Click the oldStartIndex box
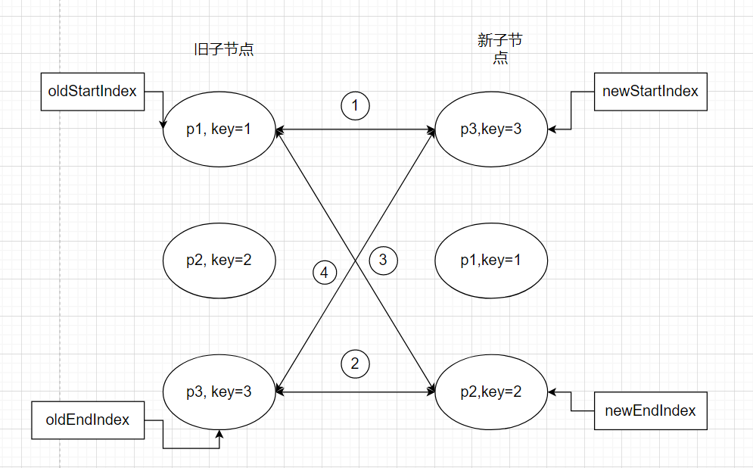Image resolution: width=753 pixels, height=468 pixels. point(92,92)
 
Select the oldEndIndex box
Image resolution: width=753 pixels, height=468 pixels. point(87,420)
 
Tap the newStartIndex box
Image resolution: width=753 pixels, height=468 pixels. point(650,92)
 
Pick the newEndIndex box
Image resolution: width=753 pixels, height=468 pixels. point(650,411)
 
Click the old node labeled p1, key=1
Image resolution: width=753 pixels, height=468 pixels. point(219,129)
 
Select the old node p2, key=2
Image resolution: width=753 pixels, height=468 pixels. point(219,261)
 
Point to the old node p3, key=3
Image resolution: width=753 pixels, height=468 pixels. point(219,392)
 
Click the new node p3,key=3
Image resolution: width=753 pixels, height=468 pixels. point(491,129)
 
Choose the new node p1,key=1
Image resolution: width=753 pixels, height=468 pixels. point(491,261)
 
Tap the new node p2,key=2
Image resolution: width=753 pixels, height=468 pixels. point(491,392)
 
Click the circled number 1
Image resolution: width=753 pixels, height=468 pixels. point(355,105)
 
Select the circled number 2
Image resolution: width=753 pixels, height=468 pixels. point(355,363)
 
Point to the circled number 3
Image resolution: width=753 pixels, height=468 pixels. point(383,261)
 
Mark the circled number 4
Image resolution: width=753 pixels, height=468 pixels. point(325,273)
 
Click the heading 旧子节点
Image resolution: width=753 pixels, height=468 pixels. point(224,51)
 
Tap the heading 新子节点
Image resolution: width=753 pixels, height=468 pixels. point(500,49)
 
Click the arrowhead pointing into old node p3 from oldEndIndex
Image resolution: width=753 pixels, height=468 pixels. point(220,434)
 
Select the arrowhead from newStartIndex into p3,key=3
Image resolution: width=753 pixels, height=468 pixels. point(552,129)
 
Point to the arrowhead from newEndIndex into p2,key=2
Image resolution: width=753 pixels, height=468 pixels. point(552,392)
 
